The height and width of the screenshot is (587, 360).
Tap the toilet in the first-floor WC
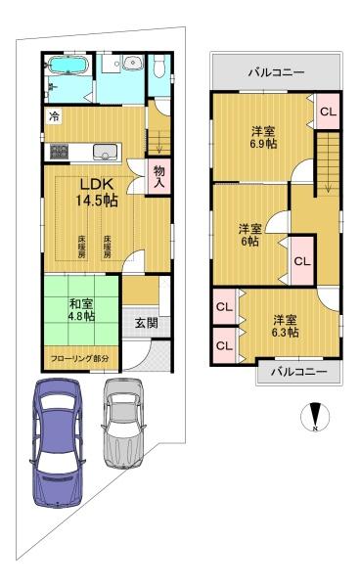(x=159, y=67)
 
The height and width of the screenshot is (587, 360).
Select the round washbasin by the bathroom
(x=133, y=63)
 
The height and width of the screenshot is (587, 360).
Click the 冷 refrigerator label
(x=55, y=116)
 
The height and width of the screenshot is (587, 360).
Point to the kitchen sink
(x=105, y=153)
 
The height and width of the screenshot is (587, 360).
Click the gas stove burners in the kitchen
(x=60, y=152)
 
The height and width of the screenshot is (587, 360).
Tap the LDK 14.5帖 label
(x=97, y=193)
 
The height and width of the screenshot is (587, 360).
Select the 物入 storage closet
(x=159, y=176)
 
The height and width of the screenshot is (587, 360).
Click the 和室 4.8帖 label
(x=81, y=310)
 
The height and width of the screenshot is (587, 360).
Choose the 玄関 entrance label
(x=147, y=323)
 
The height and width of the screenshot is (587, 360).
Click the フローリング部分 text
(x=80, y=358)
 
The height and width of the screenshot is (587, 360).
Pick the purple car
(x=58, y=443)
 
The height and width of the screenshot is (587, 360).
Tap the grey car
(x=123, y=423)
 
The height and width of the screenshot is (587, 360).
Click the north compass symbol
(x=315, y=417)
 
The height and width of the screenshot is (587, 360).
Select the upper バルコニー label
(x=277, y=72)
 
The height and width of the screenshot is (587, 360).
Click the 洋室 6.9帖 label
(x=263, y=137)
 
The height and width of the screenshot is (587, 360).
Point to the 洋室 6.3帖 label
(x=285, y=326)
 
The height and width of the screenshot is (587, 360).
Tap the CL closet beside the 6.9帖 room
(x=328, y=112)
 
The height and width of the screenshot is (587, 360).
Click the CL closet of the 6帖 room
(x=302, y=261)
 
